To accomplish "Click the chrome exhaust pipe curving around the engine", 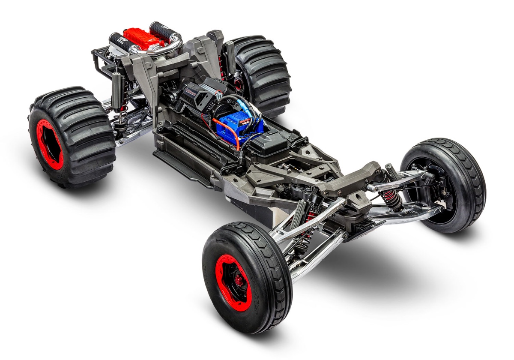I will (x=169, y=45).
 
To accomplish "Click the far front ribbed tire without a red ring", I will (x=445, y=184).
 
